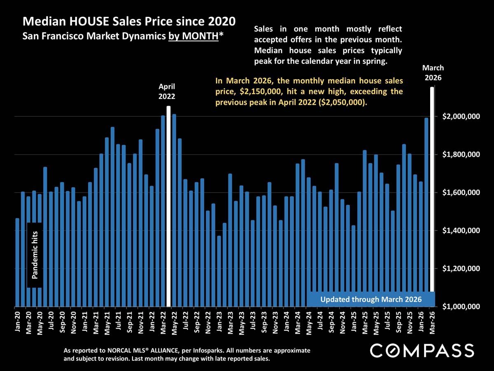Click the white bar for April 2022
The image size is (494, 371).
coord(168,206)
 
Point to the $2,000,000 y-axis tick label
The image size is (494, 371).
coord(461,117)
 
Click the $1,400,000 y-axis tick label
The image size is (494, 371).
coord(461,231)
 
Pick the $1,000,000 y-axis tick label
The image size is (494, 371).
coord(461,307)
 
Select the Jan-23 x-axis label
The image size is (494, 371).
coord(219,322)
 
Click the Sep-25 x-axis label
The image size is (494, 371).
coord(398,322)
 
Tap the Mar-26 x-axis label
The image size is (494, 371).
coord(432,322)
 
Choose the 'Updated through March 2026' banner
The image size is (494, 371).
coord(371,299)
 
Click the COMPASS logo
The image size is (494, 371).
coord(422,350)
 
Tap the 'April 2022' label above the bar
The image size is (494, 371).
coord(167,92)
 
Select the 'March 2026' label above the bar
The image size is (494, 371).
coord(433,73)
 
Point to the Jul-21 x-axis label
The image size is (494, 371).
coord(119,322)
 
